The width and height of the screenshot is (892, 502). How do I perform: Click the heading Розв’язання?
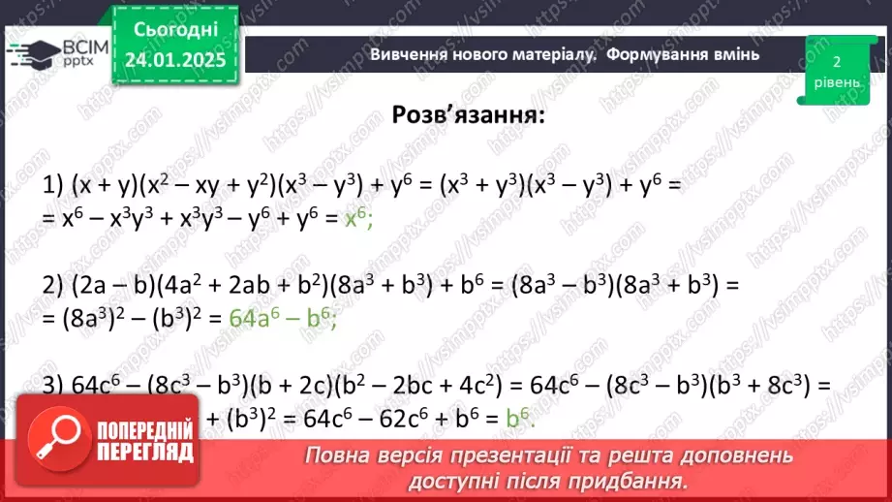(x=468, y=115)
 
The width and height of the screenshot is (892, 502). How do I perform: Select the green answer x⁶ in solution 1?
(x=357, y=220)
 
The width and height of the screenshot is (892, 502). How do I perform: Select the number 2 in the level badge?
(x=836, y=61)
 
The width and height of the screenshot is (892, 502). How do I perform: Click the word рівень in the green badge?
(x=836, y=82)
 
